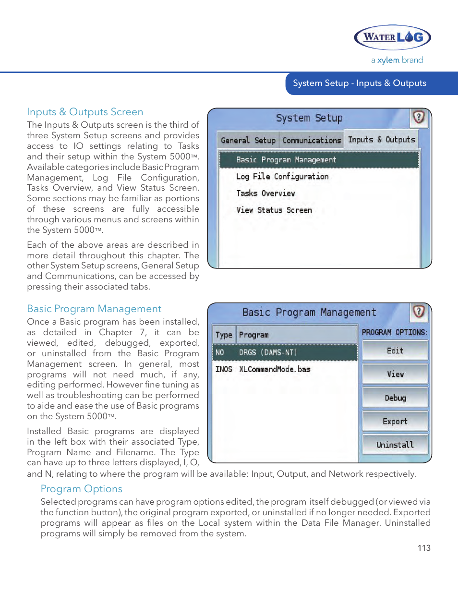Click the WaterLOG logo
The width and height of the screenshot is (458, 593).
(392, 37)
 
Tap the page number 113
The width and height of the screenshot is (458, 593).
(424, 548)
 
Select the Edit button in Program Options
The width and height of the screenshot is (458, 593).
(395, 351)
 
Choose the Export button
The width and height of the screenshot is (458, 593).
(395, 421)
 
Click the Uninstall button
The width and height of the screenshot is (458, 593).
(395, 445)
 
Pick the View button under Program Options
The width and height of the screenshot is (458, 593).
(395, 374)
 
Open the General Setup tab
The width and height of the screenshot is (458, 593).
(248, 140)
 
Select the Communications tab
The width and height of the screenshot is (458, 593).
(312, 140)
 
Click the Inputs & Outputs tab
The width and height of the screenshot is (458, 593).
(381, 139)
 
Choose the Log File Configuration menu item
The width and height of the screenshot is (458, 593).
(282, 176)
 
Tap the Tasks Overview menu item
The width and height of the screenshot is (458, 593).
(265, 193)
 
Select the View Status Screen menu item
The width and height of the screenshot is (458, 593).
(274, 210)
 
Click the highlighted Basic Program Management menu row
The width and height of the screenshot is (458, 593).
(319, 159)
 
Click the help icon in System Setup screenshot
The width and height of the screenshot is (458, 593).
(419, 117)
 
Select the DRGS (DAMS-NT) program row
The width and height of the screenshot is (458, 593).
(285, 352)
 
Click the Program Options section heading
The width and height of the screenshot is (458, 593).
(82, 489)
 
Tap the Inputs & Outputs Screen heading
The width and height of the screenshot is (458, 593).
(85, 112)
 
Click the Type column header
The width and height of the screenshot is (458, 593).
(224, 335)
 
